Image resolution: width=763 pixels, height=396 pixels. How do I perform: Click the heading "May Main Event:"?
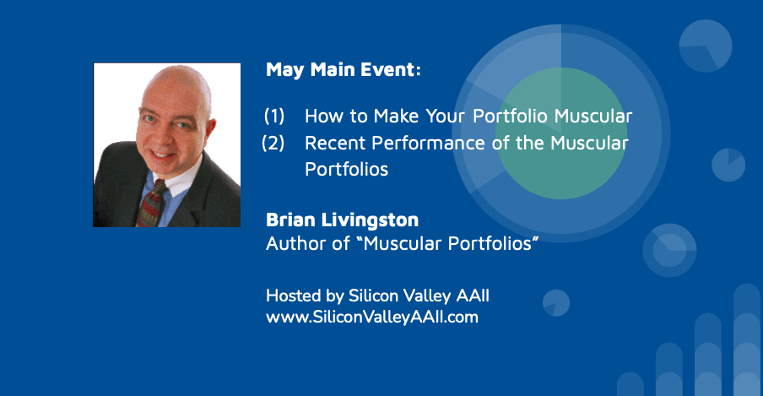[x=343, y=69]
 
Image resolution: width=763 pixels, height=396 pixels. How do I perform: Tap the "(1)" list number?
[x=274, y=116]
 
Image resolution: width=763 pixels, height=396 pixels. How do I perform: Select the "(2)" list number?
[x=273, y=143]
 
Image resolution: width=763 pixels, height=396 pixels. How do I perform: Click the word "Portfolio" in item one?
[x=511, y=116]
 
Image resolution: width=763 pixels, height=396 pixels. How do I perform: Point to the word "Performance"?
[x=428, y=143]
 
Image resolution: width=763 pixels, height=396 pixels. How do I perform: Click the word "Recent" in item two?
[x=335, y=143]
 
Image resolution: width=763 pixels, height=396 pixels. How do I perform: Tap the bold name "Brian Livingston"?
[x=342, y=220]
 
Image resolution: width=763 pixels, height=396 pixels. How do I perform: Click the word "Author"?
[x=296, y=243]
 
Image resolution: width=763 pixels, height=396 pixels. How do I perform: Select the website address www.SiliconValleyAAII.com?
[x=371, y=317]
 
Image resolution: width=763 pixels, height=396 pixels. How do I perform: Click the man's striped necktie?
[x=150, y=203]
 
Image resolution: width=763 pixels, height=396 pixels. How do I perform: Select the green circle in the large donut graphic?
[x=561, y=133]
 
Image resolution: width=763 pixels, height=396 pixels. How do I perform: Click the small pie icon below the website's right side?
[x=556, y=303]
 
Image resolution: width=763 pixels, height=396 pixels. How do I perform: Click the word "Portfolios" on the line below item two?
[x=346, y=169]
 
